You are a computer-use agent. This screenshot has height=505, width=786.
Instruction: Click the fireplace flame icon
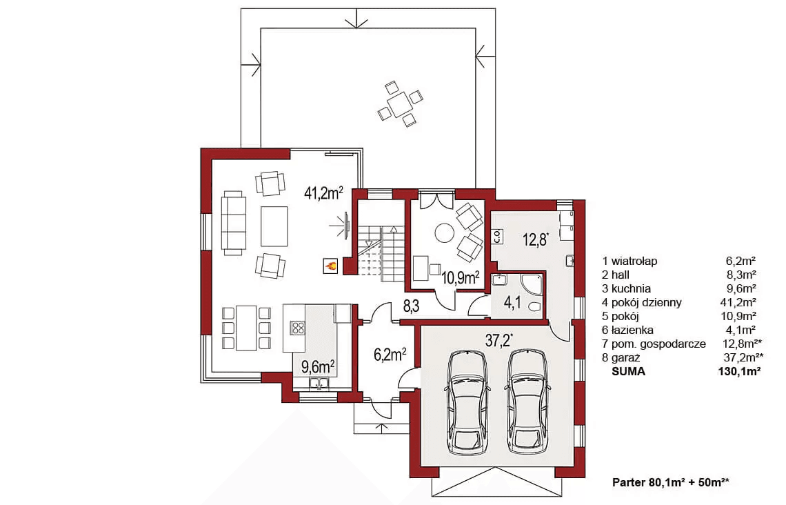tap(330, 266)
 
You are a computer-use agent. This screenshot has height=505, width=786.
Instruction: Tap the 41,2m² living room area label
tap(323, 192)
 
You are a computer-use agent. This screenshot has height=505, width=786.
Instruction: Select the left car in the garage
tap(467, 403)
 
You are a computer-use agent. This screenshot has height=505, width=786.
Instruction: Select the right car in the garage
tap(527, 403)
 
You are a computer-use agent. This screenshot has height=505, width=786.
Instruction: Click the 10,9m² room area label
tap(460, 277)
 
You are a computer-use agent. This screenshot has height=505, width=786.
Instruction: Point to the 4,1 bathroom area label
tap(512, 302)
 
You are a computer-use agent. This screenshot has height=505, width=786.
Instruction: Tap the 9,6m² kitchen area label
tap(318, 366)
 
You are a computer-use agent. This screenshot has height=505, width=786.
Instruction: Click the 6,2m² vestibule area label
tap(390, 355)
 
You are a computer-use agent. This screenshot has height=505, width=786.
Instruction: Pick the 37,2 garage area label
tap(499, 341)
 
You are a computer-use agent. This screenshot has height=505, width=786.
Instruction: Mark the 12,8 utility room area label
tap(535, 239)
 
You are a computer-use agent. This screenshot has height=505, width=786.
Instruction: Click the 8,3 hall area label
tap(410, 306)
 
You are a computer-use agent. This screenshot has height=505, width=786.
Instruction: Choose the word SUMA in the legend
tap(628, 372)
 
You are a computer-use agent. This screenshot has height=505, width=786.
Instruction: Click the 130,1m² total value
tap(739, 372)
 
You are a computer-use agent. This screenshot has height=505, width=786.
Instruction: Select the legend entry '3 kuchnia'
tap(627, 288)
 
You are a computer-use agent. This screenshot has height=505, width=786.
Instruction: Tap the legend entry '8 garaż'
tap(621, 357)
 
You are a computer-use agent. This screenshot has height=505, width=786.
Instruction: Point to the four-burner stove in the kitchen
tap(299, 328)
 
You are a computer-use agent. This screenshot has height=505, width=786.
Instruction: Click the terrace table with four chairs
tap(400, 104)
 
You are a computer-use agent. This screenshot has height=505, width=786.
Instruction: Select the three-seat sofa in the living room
tap(234, 223)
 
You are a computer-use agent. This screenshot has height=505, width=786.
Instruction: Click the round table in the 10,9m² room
tap(443, 232)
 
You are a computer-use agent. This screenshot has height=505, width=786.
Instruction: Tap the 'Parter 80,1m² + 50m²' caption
tap(671, 482)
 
